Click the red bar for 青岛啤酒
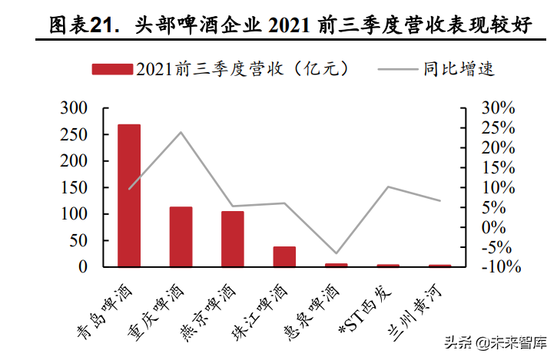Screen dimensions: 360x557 pos(128,196)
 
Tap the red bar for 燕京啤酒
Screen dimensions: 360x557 pos(232,239)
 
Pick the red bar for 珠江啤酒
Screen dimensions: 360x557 pos(284,256)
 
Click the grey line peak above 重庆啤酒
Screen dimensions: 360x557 pos(181,132)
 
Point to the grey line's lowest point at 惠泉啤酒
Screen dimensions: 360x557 pos(336,253)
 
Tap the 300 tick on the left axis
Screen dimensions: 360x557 pos(75,108)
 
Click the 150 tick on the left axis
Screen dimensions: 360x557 pos(75,187)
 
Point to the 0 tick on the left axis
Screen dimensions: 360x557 pos(84,267)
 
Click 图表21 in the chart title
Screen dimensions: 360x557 pos(81,25)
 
